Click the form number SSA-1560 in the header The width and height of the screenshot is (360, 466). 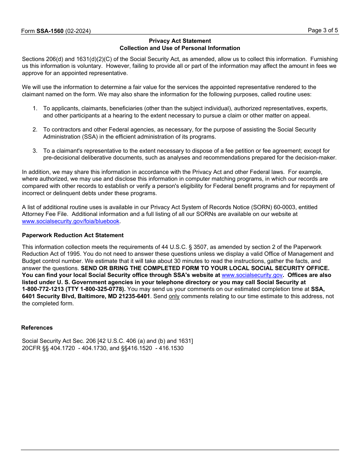50,31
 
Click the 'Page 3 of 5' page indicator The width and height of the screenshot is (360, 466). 323,30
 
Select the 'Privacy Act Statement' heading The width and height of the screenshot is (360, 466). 180,41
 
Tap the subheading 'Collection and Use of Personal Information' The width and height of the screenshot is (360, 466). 180,48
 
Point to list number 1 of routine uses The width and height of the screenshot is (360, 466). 35,108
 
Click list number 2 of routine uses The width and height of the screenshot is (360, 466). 35,130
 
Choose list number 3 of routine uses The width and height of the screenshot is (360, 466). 35,151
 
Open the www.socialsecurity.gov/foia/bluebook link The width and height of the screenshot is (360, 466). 70,221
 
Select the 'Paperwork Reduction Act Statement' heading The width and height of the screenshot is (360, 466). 73,235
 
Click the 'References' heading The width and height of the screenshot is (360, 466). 37,328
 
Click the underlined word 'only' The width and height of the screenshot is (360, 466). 174,296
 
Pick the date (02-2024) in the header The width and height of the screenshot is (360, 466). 78,31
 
